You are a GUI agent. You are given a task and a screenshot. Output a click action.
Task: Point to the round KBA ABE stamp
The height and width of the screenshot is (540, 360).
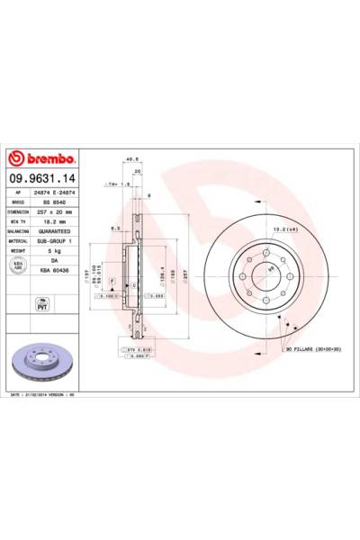(18, 264)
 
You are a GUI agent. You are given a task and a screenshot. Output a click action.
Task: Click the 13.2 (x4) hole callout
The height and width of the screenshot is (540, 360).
(274, 231)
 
